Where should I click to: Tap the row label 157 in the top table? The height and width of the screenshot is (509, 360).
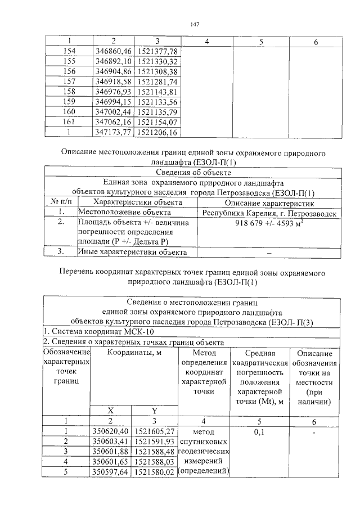click(x=69, y=82)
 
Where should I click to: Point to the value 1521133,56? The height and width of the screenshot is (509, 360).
click(x=157, y=102)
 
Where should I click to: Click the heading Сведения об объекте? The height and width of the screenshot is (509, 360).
click(x=193, y=173)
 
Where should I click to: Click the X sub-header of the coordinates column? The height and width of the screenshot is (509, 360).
click(x=111, y=411)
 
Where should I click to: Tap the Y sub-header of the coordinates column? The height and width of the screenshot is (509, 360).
click(x=154, y=411)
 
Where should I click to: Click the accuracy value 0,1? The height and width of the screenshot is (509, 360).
click(x=259, y=432)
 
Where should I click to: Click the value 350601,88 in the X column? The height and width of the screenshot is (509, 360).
click(x=111, y=452)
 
